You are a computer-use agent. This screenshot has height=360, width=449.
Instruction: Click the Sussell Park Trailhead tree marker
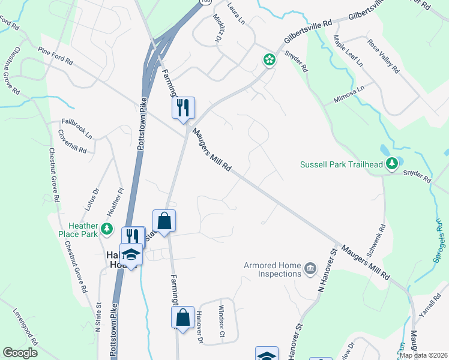click(391, 163)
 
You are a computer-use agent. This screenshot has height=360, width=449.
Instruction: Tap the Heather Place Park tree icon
click(107, 229)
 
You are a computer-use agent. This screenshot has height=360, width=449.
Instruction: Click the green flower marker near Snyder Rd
click(270, 59)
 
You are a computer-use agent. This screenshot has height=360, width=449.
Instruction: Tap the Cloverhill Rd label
click(73, 143)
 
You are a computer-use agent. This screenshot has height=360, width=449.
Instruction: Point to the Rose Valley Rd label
click(383, 56)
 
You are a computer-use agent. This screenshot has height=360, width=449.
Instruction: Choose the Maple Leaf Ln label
click(348, 50)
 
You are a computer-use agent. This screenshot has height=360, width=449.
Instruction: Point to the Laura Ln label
click(237, 13)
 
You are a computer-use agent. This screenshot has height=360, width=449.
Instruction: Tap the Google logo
click(20, 352)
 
